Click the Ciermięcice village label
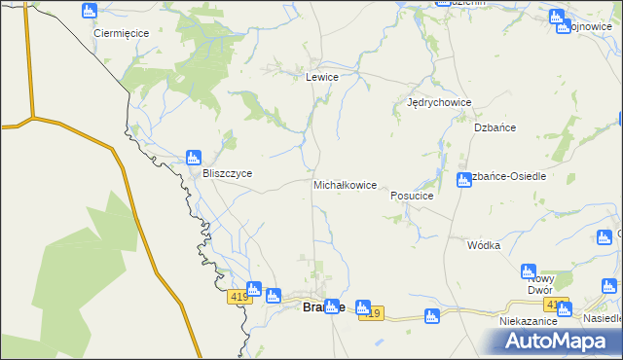pos(121,32)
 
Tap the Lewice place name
pos(322,77)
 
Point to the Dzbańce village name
pos(495,127)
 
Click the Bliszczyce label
pos(227,173)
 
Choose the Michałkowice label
pos(345,184)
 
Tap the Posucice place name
pos(411,195)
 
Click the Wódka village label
pos(483,245)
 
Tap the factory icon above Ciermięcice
pos(90,12)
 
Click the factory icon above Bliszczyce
pos(193,156)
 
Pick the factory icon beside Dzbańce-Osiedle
pos(464,179)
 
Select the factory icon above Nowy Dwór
pos(529,271)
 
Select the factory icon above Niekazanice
pos(563,306)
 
